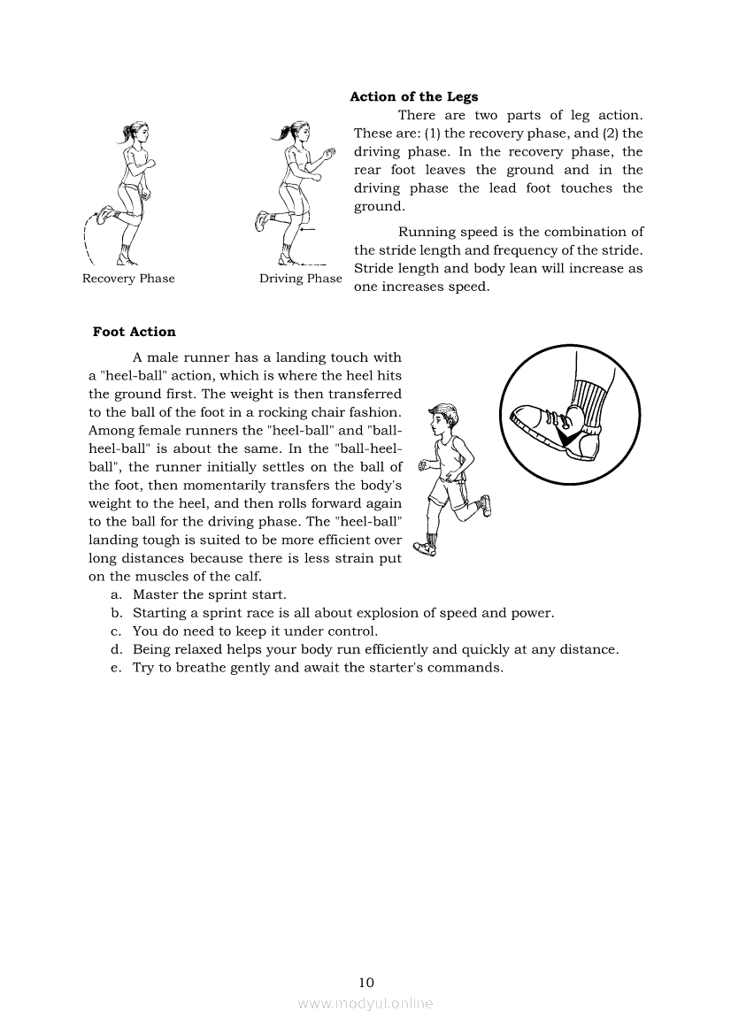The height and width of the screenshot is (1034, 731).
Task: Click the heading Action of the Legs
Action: tap(413, 97)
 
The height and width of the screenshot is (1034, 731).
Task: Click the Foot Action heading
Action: tap(135, 332)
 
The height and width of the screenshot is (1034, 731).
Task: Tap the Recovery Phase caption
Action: tap(128, 279)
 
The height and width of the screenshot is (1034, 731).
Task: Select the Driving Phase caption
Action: tap(300, 279)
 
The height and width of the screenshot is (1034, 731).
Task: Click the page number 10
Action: tap(366, 982)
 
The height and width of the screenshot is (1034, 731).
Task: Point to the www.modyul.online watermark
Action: tap(365, 1004)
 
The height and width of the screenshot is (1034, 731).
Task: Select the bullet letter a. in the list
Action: tap(116, 594)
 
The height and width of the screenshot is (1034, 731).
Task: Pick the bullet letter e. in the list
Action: tap(116, 668)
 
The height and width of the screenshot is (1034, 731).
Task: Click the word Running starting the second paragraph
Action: tap(429, 232)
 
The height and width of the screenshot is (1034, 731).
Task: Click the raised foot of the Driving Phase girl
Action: tap(263, 219)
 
